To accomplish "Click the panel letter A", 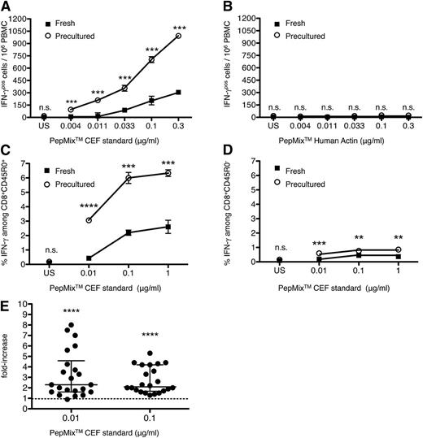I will [x=6, y=7].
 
